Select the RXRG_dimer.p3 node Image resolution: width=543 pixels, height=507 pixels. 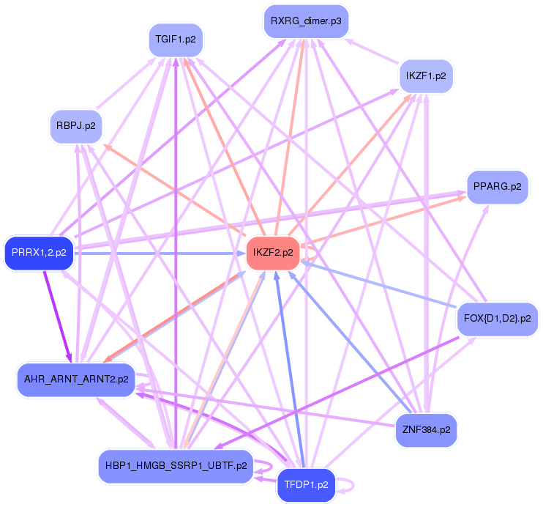coord(305,21)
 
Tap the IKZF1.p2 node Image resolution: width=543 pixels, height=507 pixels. coord(427,75)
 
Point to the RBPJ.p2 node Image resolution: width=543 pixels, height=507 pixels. coord(76,126)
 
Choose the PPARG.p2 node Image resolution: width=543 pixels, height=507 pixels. coord(497,186)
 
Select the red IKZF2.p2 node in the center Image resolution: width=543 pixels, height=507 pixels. coord(273,253)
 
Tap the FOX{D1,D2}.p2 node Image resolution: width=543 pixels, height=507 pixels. coord(497,319)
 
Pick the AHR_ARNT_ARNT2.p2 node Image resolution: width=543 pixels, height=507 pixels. coord(76,380)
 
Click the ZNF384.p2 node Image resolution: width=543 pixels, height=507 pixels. coord(425,430)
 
